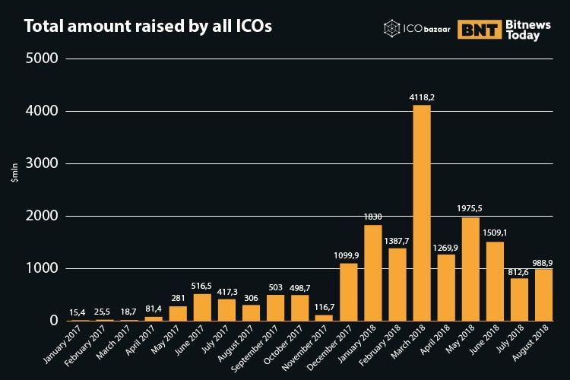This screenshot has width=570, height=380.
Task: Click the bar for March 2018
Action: [x=421, y=213]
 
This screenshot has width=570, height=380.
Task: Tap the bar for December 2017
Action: [x=349, y=292]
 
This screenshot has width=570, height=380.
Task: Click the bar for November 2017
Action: [x=324, y=318]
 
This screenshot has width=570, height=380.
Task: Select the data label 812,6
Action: [x=519, y=271]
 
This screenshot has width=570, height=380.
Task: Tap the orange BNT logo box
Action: [x=479, y=30]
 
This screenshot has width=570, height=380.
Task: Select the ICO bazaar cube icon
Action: [x=392, y=30]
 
